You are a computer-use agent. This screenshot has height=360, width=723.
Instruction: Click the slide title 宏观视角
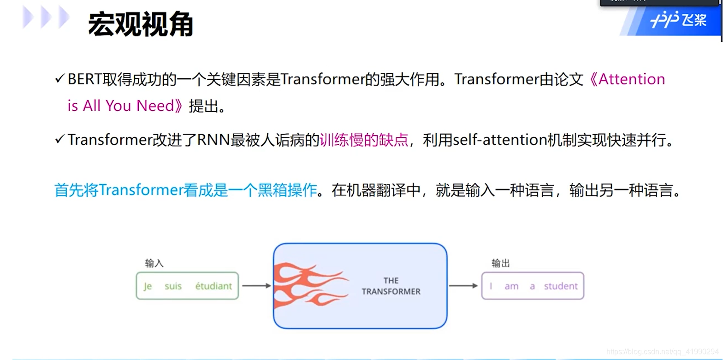point(140,25)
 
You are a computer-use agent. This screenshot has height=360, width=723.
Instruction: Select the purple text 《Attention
point(627,79)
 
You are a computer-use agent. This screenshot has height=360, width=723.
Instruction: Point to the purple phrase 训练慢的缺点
point(364,139)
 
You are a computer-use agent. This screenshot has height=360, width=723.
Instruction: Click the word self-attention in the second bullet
point(499,140)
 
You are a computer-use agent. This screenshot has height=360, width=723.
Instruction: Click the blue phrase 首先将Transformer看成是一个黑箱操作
point(186,190)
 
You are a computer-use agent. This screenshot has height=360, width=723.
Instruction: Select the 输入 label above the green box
point(154,263)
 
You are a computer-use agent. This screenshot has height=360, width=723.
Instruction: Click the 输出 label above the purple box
point(501,263)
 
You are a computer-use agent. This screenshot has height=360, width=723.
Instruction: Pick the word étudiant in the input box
point(213,286)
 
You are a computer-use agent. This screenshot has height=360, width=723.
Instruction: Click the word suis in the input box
point(173,286)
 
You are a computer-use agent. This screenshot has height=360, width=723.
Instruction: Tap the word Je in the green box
point(148,286)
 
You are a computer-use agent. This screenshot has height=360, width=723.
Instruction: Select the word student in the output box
point(561,286)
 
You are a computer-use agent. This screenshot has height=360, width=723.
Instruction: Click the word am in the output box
point(511,286)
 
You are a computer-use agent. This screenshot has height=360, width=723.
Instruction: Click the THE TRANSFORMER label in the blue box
point(391,286)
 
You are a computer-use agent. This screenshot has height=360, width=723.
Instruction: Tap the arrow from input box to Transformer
point(256,286)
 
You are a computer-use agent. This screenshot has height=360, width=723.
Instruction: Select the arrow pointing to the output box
point(463,286)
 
